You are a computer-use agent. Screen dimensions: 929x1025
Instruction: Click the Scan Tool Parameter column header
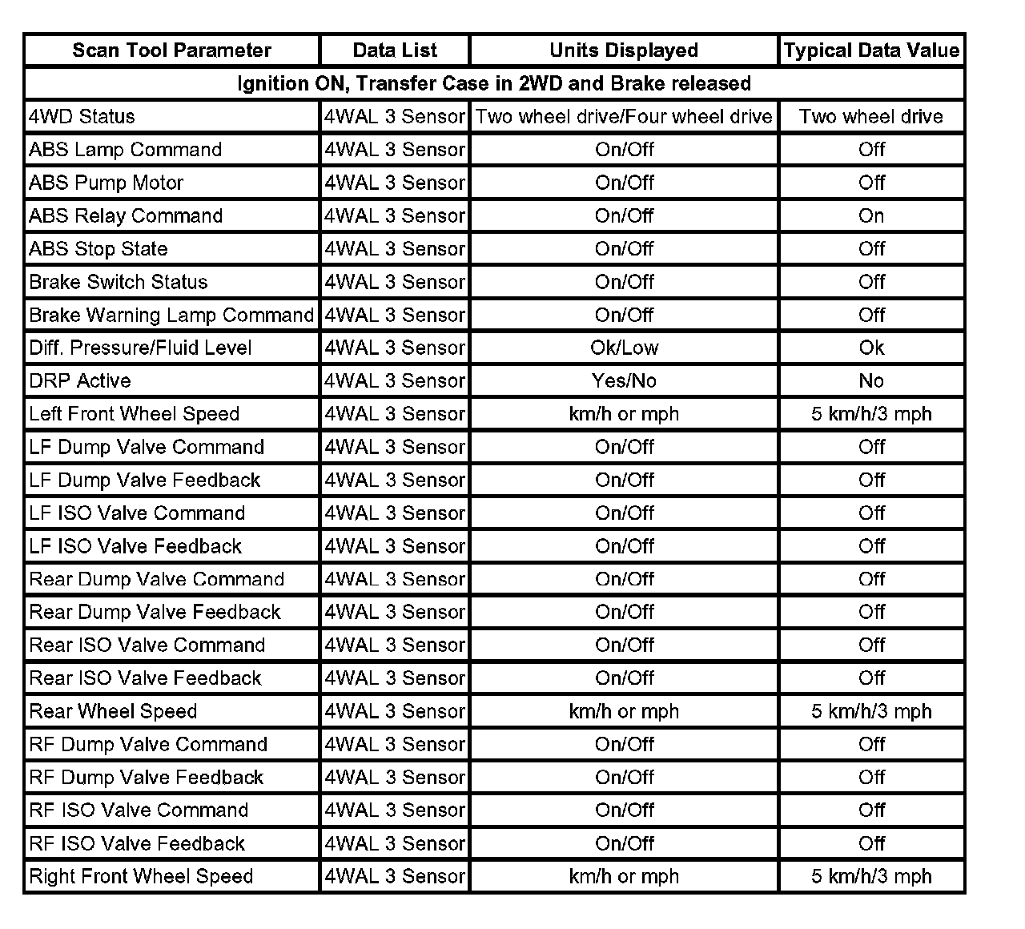coord(171,50)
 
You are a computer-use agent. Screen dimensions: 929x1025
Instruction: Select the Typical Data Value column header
coord(871,50)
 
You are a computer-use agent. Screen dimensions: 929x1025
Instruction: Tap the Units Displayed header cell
coord(624,50)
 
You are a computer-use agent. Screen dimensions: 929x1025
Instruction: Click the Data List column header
coord(395,50)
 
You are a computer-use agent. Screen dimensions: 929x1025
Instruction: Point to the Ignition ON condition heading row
coord(494,83)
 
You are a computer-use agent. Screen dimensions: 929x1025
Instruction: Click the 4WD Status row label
coord(82,117)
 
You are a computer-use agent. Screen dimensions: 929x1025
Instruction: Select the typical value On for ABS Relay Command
coord(871,216)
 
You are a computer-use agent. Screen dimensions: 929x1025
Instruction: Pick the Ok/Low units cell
coord(624,348)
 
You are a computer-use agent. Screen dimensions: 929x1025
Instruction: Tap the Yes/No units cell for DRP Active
coord(624,381)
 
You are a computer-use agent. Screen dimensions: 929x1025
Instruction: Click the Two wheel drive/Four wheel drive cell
coord(624,117)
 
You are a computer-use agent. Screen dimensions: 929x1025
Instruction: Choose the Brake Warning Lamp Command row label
coord(171,316)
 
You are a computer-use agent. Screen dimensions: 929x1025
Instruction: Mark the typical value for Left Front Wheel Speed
coord(871,414)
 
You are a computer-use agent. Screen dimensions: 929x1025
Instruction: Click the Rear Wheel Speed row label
coord(113,712)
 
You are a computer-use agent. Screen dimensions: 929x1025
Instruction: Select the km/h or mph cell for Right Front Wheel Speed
coord(624,877)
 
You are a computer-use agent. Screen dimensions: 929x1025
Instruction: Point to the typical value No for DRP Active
coord(871,381)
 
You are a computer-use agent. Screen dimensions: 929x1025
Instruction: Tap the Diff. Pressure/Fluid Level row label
coord(140,348)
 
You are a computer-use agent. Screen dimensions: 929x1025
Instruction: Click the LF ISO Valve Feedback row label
coord(135,547)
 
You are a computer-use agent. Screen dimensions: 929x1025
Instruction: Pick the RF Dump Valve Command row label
coord(148,745)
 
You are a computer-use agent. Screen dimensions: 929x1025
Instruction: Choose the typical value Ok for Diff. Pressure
coord(871,348)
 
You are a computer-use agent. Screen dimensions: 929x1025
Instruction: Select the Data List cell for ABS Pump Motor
coord(395,183)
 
